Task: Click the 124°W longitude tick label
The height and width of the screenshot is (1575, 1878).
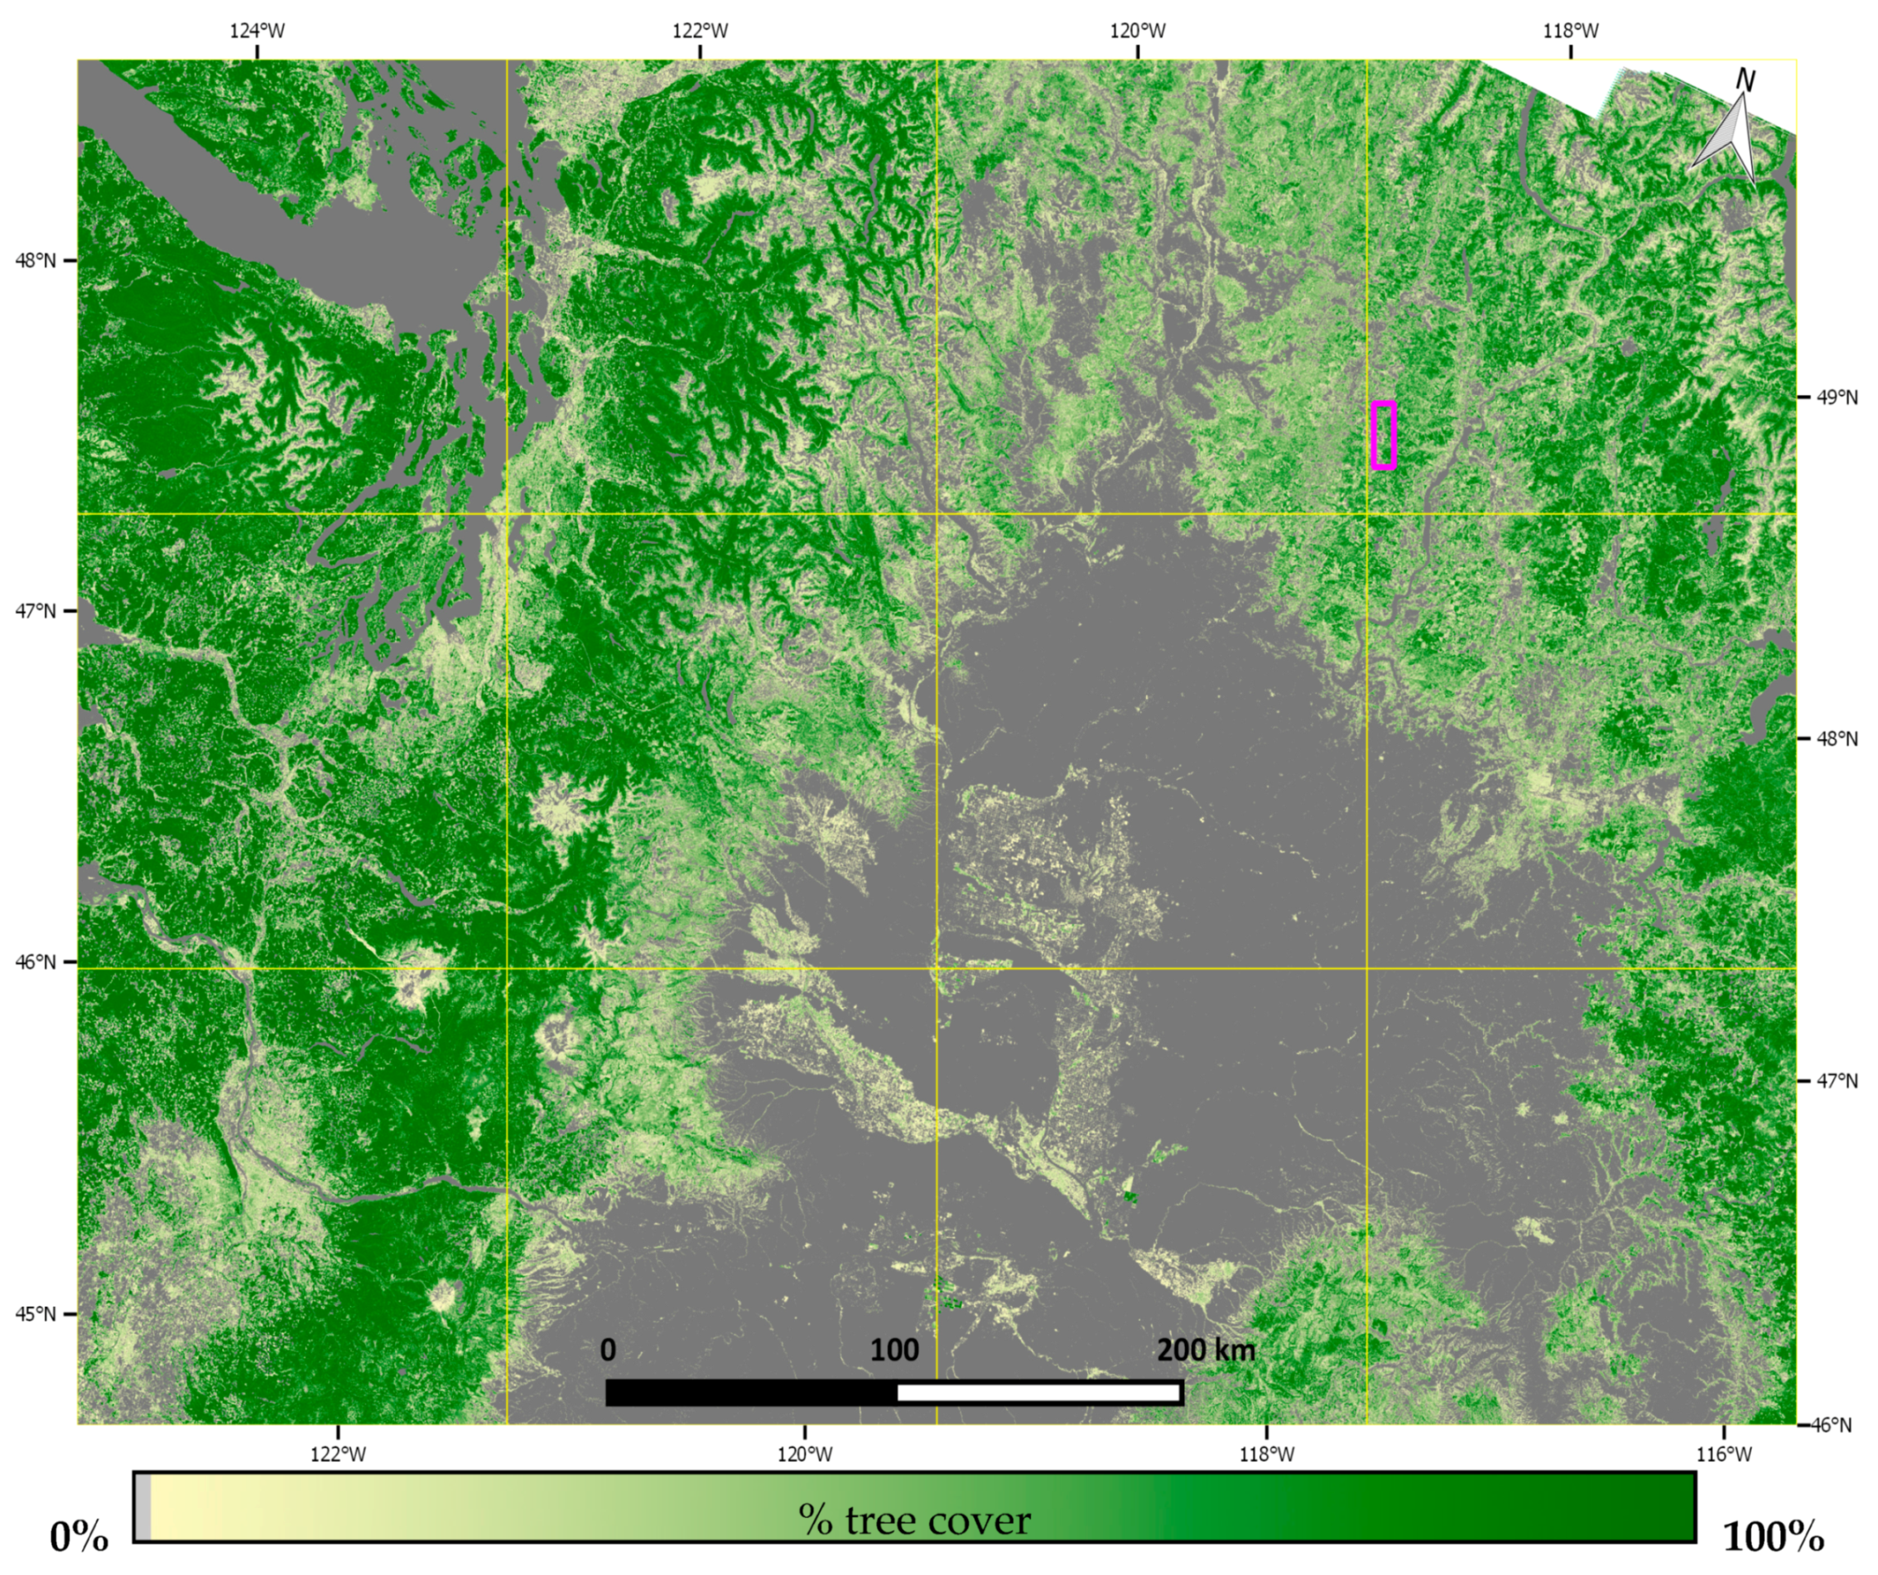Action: tap(258, 31)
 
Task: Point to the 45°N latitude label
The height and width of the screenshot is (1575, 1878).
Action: tap(36, 1314)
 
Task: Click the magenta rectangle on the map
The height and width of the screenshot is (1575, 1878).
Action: tap(1384, 436)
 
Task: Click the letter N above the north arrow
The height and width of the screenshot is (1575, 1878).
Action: tap(1745, 80)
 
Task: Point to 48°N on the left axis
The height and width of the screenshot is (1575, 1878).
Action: tap(36, 261)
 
